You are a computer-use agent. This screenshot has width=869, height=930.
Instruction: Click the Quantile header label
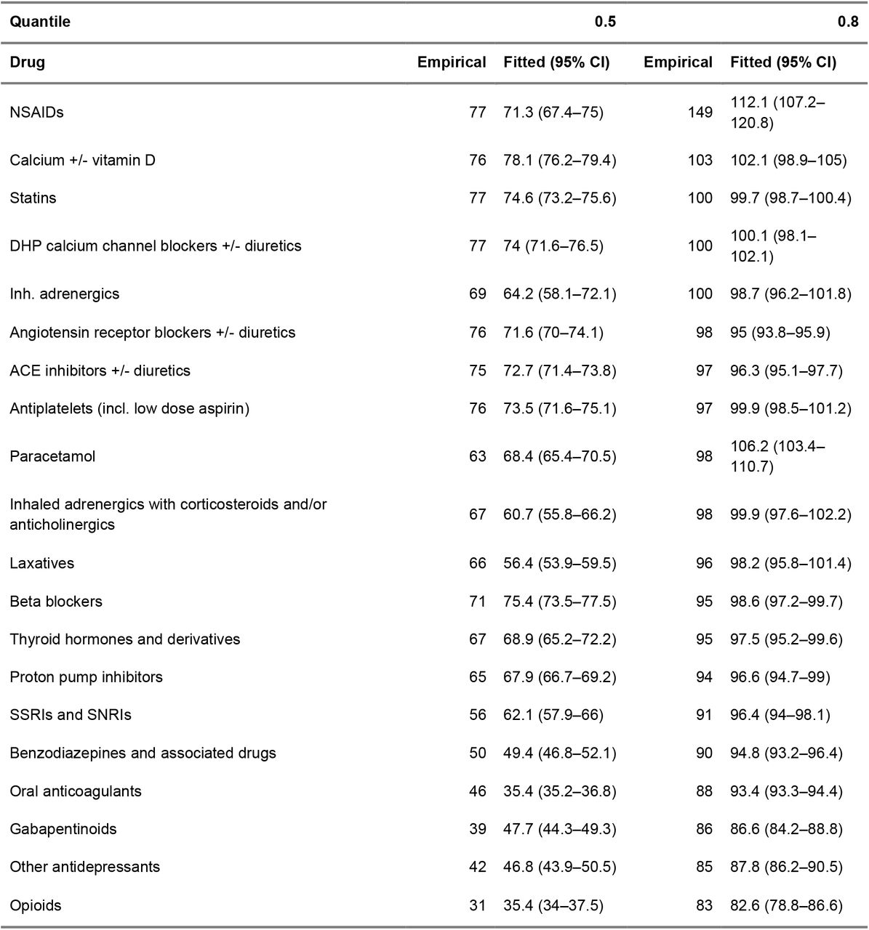coord(40,22)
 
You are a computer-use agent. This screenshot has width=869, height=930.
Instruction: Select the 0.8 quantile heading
coord(848,22)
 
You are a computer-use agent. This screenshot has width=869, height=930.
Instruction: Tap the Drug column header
coord(27,62)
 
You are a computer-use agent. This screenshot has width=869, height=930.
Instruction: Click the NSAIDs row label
coord(36,113)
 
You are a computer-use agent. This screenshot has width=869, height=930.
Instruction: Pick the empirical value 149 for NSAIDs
coord(700,113)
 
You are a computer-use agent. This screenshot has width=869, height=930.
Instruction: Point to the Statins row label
coord(33,198)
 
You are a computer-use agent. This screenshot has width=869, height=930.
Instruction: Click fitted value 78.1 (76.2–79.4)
coord(560,160)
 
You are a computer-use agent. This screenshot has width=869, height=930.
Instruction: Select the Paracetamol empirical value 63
coord(477,456)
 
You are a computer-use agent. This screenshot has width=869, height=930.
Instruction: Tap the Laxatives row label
coord(41,563)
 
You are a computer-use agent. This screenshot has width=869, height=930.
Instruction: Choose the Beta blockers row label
coord(56,602)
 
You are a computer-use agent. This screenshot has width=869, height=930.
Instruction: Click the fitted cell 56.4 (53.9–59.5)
coord(560,563)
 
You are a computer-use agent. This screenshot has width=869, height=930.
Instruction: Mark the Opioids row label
coord(35,905)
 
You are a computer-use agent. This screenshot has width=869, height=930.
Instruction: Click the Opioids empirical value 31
coord(477,905)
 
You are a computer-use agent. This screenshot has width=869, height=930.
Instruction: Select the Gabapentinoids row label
coord(63,829)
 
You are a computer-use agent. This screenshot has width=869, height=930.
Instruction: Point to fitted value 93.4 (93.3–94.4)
coord(786,791)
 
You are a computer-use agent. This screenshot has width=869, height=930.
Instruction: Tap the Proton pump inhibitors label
coord(87,677)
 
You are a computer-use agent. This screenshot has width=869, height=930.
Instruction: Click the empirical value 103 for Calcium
coord(700,160)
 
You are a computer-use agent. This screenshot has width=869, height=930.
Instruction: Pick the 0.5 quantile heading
coord(605,22)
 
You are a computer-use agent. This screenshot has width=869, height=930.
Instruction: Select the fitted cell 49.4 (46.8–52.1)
coord(560,753)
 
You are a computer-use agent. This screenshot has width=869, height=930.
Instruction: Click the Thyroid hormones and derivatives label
coord(124,639)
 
